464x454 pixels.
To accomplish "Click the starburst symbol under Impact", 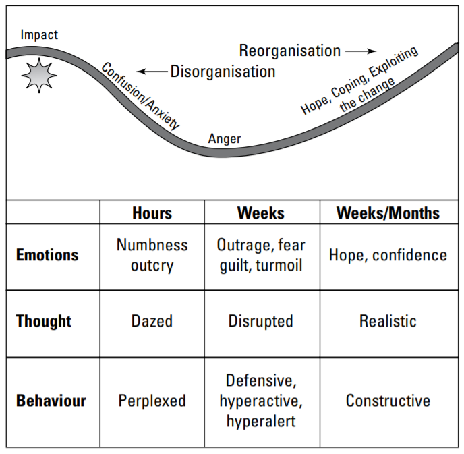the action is tap(39, 76).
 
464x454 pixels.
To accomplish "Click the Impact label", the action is tap(39, 35).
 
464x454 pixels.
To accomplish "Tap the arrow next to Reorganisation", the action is tap(361, 51).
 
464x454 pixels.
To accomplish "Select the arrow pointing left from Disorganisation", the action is tap(152, 72).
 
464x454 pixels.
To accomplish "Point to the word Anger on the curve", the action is tap(225, 139).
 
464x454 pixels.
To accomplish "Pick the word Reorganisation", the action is tap(290, 51).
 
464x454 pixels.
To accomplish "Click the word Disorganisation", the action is tap(223, 72).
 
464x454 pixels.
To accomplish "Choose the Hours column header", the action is tap(152, 212).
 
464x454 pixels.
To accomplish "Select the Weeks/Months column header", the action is tap(388, 212).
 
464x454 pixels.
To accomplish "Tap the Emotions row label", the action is tap(47, 255).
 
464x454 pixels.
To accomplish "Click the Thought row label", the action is tap(43, 321).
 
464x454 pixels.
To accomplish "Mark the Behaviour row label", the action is tap(51, 401).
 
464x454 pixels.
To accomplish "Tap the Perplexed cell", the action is tap(152, 403).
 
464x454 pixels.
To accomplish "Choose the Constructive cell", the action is tap(389, 403).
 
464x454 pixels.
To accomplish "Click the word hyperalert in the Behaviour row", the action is tap(261, 422).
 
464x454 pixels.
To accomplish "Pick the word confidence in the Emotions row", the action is tap(409, 256).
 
